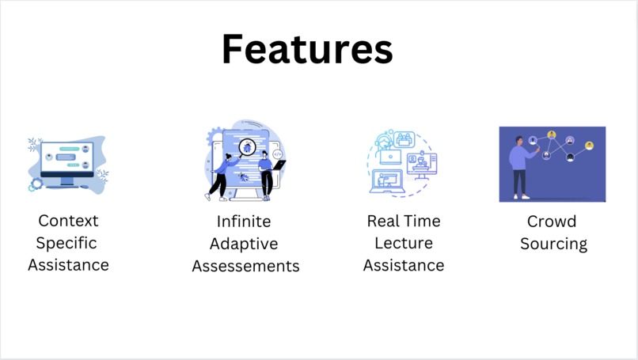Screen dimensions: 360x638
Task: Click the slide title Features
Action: [x=307, y=49]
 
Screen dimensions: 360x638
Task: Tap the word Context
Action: [x=68, y=221]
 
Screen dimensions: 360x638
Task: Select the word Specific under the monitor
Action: [x=68, y=243]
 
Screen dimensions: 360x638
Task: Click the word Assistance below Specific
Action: [x=68, y=265]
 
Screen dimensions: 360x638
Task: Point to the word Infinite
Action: [x=244, y=221]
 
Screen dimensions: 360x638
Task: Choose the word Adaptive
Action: [x=245, y=244]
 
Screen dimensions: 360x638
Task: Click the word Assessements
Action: [x=245, y=266]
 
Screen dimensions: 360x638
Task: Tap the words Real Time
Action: [x=404, y=221]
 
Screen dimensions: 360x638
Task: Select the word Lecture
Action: [x=404, y=243]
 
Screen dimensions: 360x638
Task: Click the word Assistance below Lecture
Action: [x=404, y=265]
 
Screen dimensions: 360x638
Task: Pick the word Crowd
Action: [x=552, y=221]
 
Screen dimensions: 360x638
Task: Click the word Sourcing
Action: [x=553, y=244]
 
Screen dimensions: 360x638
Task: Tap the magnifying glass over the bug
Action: [x=247, y=147]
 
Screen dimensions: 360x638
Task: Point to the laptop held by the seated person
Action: [x=278, y=166]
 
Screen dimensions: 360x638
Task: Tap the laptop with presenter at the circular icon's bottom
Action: [x=389, y=182]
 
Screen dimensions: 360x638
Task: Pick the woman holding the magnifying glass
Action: [x=222, y=174]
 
